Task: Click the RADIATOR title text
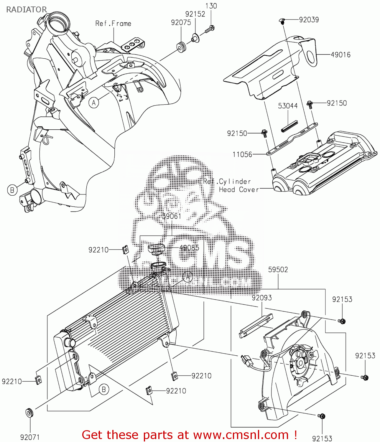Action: tap(27, 9)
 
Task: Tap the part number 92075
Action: tap(181, 23)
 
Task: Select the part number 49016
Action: tap(340, 55)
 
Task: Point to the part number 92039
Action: tap(309, 20)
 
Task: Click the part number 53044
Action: tap(288, 106)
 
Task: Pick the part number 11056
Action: tap(242, 154)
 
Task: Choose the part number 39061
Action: tap(172, 216)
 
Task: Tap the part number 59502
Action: tap(278, 270)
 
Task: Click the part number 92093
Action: tap(261, 298)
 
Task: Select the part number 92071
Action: tap(30, 437)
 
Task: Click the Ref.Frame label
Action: tap(113, 24)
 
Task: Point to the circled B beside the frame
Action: tap(12, 190)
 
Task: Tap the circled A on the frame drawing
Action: tap(94, 103)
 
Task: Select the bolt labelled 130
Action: tap(210, 29)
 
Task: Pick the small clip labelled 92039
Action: tap(282, 21)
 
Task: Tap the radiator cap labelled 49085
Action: tap(156, 249)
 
